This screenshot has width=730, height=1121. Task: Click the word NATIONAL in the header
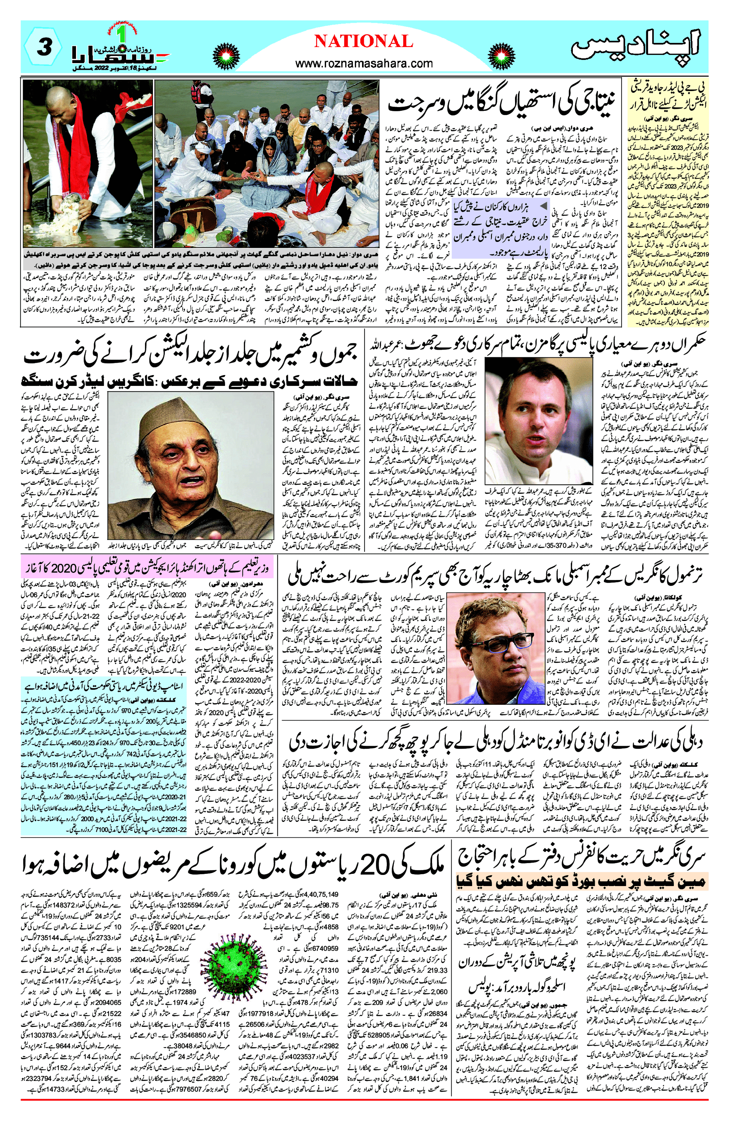(363, 41)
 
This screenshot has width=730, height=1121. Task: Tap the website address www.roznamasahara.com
(363, 63)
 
